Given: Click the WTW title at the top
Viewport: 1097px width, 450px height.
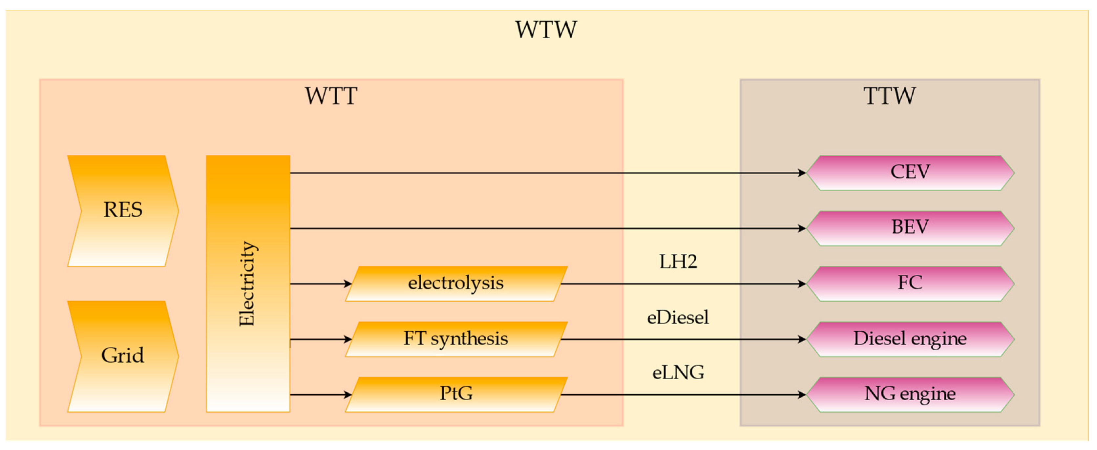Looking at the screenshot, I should point(546,30).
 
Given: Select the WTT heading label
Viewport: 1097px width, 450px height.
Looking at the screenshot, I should point(331,96).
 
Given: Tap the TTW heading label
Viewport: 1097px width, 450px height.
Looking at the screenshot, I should point(889,96).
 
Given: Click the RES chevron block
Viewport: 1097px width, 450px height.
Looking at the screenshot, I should point(123,210).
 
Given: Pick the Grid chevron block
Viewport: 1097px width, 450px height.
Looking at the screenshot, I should point(123,356).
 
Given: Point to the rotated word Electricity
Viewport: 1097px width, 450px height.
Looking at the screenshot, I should point(247,284).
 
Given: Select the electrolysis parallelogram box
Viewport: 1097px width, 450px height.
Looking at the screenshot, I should point(456,283).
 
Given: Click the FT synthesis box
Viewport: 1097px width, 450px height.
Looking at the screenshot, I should point(456,339).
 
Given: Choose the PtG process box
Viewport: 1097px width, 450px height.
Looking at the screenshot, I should point(456,394).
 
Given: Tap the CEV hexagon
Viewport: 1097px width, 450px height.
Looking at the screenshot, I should point(910,172).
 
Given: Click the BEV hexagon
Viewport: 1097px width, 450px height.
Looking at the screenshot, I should point(910,227).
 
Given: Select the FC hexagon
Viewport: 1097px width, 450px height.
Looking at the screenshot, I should point(910,283).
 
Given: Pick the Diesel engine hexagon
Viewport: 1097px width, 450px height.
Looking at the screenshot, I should point(910,339).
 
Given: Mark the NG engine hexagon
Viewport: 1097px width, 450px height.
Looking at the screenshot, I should point(910,394).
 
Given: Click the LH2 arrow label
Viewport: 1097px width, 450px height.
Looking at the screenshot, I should point(678,262).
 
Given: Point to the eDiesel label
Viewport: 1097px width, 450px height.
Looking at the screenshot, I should point(678,318).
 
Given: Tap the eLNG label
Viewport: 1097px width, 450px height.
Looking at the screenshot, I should point(678,373).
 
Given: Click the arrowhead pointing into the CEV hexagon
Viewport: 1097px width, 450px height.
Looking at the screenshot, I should point(801,173).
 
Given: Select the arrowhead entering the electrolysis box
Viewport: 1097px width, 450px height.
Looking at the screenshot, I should point(348,284).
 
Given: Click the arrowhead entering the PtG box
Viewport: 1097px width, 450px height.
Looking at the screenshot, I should point(348,395).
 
